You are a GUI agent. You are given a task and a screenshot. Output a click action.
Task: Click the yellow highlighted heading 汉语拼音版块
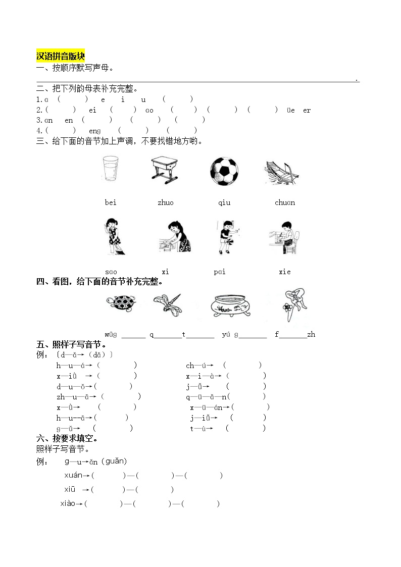61,56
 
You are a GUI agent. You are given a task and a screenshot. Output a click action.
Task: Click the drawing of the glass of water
110,169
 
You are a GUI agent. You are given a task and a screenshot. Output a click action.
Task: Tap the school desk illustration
165,170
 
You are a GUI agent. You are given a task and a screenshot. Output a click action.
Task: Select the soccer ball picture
224,171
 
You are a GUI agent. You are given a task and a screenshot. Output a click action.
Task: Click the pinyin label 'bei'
111,202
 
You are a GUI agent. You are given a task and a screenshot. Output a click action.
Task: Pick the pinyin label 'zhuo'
165,202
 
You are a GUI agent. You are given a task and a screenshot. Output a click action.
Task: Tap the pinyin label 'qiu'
224,202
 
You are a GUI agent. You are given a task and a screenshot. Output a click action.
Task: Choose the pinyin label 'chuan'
285,202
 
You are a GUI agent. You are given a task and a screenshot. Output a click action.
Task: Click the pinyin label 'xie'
285,272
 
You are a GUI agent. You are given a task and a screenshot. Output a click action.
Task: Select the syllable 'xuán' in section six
73,475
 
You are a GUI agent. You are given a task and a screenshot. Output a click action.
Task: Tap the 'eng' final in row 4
95,131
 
